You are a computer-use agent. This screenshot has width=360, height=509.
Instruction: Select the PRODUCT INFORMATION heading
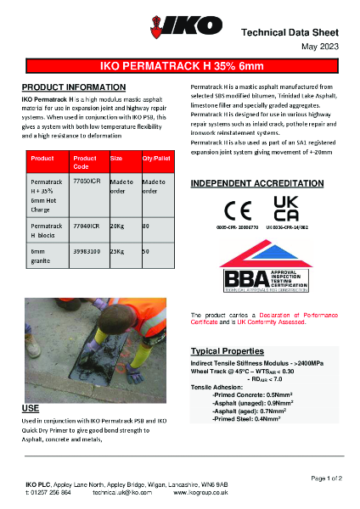click(73, 87)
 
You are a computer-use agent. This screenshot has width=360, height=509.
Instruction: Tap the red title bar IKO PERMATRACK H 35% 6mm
click(179, 64)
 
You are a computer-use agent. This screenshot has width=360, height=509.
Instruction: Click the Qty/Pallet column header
click(156, 159)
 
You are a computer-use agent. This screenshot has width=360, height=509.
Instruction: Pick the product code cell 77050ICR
click(87, 182)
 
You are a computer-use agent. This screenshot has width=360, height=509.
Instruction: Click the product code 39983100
click(89, 252)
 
